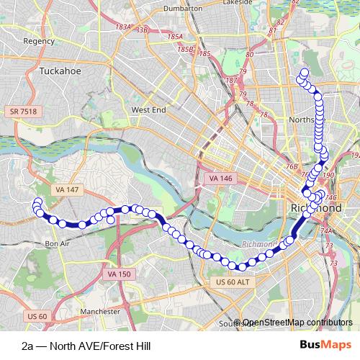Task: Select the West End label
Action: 148,109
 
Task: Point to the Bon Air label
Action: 56,244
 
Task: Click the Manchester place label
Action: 100,312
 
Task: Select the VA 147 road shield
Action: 66,189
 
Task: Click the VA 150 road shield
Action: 119,274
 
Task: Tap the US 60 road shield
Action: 37,315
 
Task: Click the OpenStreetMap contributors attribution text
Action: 297,323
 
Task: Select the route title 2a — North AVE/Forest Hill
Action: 86,346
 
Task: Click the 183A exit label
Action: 124,27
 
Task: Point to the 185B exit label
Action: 186,49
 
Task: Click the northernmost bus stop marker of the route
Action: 305,72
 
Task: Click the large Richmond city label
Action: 315,207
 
